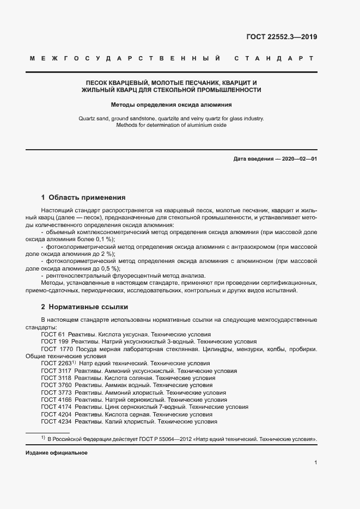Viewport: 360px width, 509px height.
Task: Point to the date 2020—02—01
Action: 298,158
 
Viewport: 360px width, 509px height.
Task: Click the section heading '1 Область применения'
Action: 83,198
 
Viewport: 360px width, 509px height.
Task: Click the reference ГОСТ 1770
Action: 56,348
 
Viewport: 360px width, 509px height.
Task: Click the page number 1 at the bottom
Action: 316,463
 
